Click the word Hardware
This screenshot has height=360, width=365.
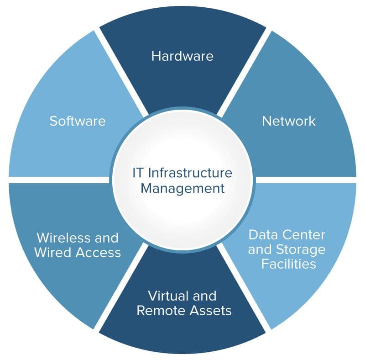(x=182, y=56)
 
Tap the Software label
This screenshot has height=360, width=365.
(x=78, y=121)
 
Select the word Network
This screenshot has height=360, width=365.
(x=289, y=121)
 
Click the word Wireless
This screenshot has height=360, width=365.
(x=63, y=238)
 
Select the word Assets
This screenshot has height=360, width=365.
(x=211, y=310)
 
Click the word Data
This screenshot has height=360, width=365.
(x=263, y=234)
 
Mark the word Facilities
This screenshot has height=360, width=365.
(x=289, y=264)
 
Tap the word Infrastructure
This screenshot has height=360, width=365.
(x=190, y=173)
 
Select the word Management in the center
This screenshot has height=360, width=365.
(x=183, y=189)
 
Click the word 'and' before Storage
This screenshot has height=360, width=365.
(x=261, y=249)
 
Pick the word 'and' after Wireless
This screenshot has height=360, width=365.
(x=106, y=238)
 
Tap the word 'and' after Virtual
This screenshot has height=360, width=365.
(x=204, y=296)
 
